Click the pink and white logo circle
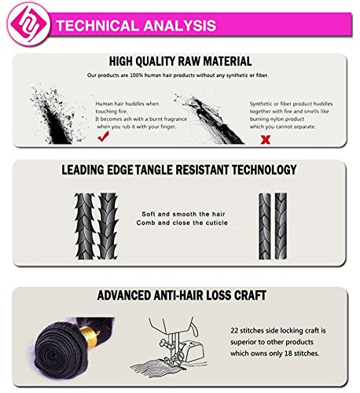(x=28, y=24)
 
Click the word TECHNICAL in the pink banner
(x=97, y=25)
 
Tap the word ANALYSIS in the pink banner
(x=180, y=25)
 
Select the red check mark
(x=103, y=137)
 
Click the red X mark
(x=266, y=139)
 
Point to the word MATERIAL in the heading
(x=227, y=61)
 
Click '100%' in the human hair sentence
(x=137, y=75)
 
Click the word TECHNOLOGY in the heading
(x=264, y=170)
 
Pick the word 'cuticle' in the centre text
(x=216, y=223)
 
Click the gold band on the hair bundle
(x=89, y=337)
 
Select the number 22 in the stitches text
(x=234, y=330)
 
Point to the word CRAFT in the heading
(x=250, y=295)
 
